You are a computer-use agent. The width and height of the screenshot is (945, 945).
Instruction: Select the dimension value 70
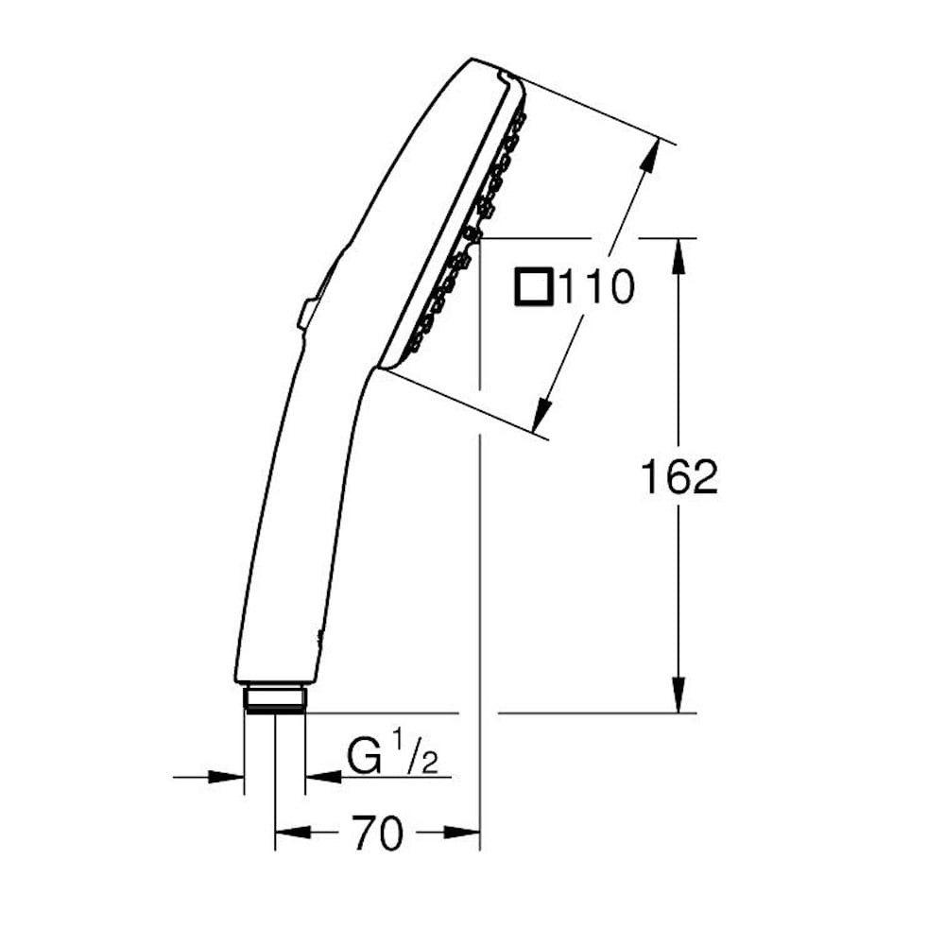point(378,833)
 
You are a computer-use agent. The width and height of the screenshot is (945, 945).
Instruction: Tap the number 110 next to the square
point(595,287)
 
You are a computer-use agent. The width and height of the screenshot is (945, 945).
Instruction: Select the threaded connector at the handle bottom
point(275,698)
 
